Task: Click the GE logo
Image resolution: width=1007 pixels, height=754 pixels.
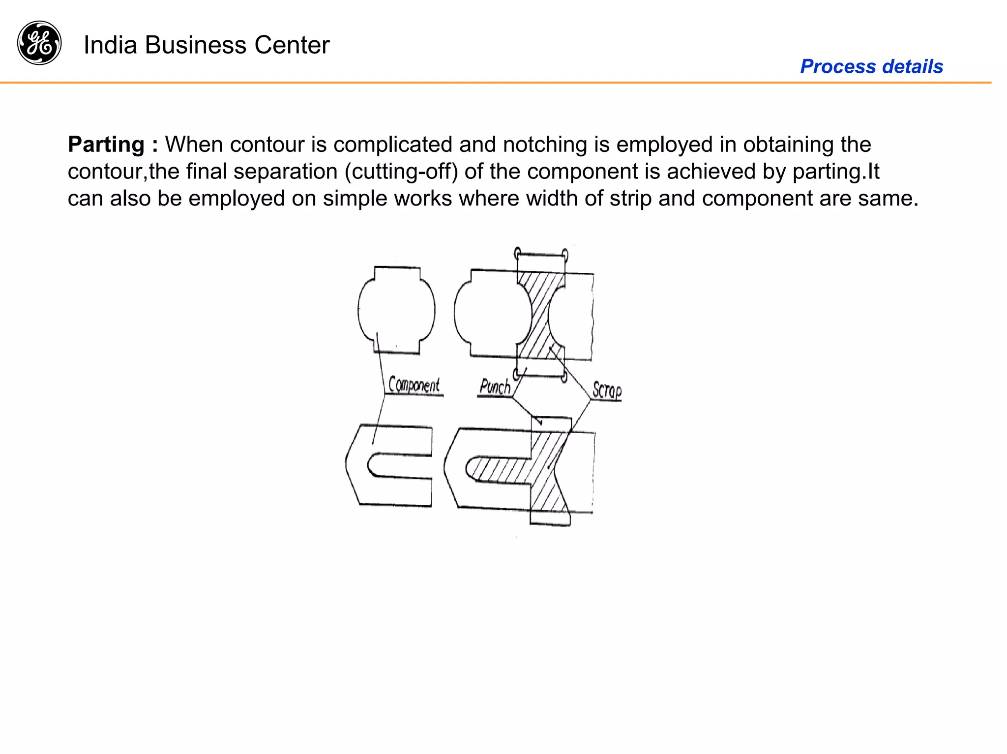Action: (x=39, y=43)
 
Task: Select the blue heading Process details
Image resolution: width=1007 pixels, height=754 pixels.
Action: (x=871, y=66)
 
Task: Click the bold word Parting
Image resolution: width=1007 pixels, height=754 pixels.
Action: (x=106, y=145)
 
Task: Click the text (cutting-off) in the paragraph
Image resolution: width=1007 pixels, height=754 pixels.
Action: (x=402, y=172)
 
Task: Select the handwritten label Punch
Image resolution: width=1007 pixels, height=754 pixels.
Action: (x=495, y=387)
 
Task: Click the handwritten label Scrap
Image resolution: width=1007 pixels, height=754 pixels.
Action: (x=607, y=390)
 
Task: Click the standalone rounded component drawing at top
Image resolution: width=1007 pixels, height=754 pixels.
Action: (x=396, y=310)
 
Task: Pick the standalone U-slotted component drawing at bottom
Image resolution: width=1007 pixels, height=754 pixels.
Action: (x=388, y=465)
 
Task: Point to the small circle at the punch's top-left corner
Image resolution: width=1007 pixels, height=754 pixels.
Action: (x=517, y=254)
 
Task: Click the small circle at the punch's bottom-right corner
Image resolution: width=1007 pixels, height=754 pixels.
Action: (x=564, y=377)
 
